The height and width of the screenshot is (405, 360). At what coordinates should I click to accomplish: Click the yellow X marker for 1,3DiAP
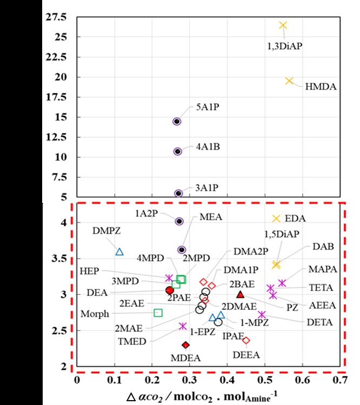(x=283, y=25)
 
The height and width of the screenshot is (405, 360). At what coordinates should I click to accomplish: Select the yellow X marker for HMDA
(x=289, y=81)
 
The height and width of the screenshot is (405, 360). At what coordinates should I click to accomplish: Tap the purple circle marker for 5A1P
(x=177, y=122)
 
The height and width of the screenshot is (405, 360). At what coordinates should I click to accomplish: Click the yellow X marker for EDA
(x=277, y=218)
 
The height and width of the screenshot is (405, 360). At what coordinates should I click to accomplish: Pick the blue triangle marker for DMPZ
(x=120, y=252)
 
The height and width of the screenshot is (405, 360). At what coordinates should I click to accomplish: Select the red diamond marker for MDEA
(x=185, y=345)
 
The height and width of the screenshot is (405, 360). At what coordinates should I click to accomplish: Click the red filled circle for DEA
(x=169, y=290)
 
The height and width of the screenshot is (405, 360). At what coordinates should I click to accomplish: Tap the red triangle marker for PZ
(x=241, y=294)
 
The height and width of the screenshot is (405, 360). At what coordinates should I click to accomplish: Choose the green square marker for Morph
(x=158, y=313)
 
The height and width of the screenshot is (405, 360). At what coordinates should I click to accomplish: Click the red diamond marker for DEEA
(x=246, y=340)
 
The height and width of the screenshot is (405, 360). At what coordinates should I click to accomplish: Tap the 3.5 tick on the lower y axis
(x=59, y=259)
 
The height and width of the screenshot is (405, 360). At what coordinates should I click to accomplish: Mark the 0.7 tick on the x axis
(x=339, y=380)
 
